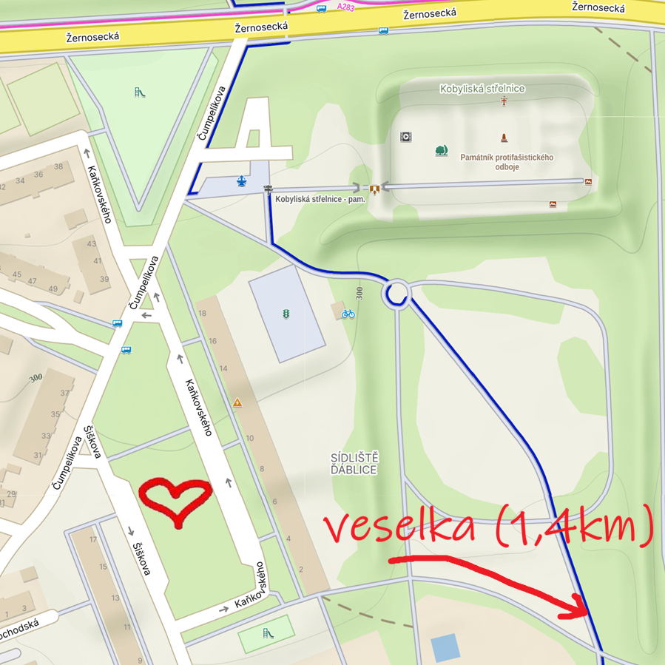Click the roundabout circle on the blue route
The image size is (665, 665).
396,294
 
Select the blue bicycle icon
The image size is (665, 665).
348,314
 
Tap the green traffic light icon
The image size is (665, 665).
286,314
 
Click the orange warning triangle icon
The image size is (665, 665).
237,403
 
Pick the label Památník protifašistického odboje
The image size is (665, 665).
507,161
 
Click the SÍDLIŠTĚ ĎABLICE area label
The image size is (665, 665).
354,463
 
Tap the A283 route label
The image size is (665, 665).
345,7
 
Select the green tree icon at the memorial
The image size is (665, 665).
442,150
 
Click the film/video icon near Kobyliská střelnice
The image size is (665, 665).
405,137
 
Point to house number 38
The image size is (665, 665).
58,167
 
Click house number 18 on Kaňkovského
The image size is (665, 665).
203,314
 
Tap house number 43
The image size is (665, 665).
92,244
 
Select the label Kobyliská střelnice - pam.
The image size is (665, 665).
320,199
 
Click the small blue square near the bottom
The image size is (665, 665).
445,648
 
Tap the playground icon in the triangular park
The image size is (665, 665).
138,92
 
